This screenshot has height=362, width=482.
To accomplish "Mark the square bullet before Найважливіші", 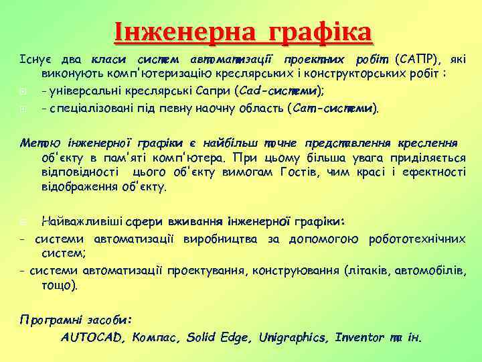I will [x=23, y=222].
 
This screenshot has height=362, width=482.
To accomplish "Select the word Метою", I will [x=35, y=143].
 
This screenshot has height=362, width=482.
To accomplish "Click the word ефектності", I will [x=436, y=172].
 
